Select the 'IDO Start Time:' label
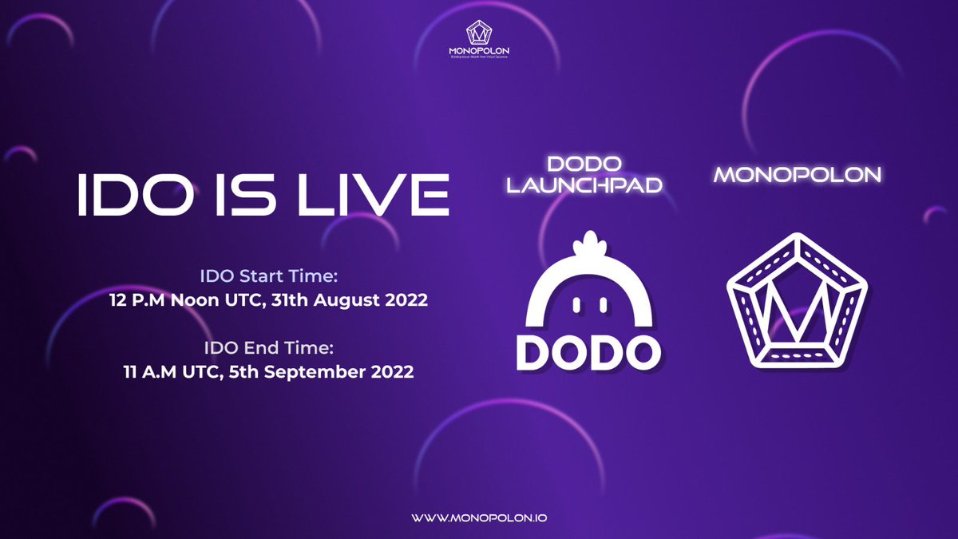click(269, 276)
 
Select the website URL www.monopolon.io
click(479, 517)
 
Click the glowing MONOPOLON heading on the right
click(798, 175)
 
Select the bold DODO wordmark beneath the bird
click(588, 351)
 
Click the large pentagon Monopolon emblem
click(797, 301)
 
